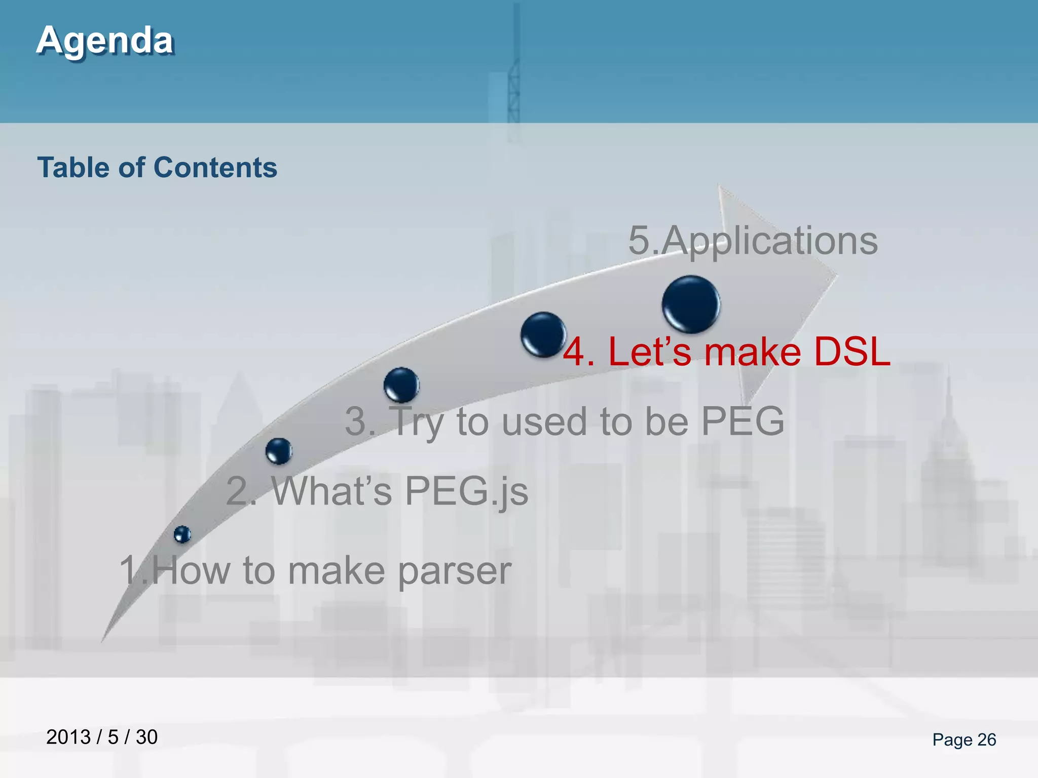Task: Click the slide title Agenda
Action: click(x=105, y=41)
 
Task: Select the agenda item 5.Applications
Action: click(x=753, y=241)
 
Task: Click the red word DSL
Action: click(x=851, y=352)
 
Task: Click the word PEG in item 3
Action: click(x=743, y=421)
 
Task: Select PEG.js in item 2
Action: click(x=466, y=491)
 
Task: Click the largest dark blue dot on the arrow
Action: click(x=691, y=304)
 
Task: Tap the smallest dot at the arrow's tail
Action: click(x=182, y=534)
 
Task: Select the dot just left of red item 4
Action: click(x=543, y=334)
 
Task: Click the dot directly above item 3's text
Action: click(x=401, y=385)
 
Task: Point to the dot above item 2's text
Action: click(x=279, y=451)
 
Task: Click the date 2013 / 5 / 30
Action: click(x=102, y=737)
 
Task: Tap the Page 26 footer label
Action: click(x=964, y=740)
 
